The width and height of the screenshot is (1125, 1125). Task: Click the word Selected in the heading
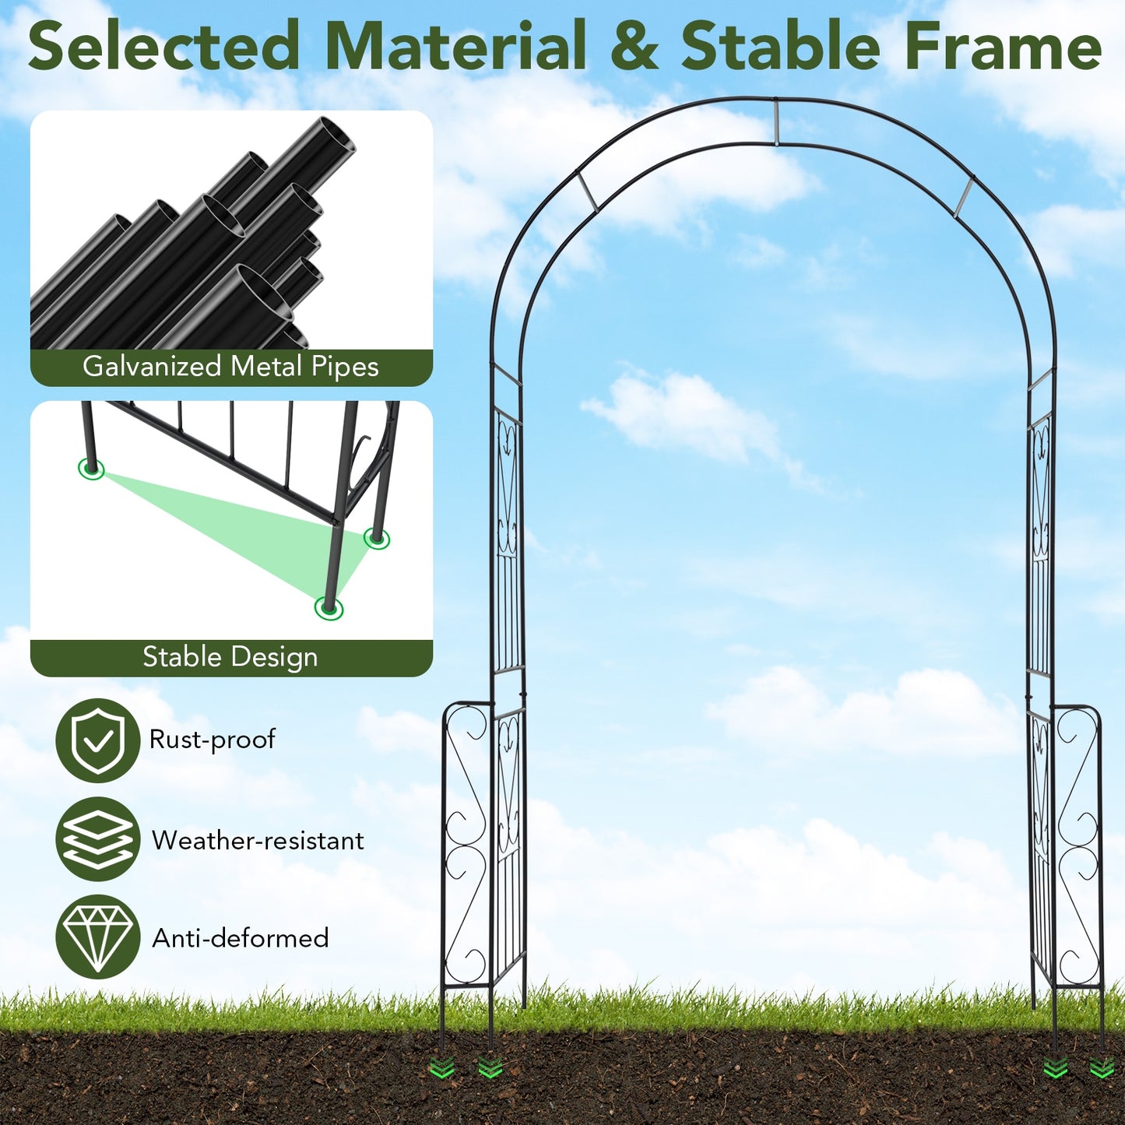(x=163, y=47)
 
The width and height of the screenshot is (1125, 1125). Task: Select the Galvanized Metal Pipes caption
(x=230, y=367)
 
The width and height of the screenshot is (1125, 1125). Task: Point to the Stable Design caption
(x=230, y=657)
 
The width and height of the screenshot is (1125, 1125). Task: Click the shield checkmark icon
(x=98, y=740)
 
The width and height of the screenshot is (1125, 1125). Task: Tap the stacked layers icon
(x=98, y=839)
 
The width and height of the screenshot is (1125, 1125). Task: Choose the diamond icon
(x=98, y=937)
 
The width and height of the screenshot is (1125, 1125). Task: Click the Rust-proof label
(x=212, y=740)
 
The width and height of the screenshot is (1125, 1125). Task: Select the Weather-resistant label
(x=258, y=841)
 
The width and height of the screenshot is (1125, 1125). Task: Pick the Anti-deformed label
(x=241, y=938)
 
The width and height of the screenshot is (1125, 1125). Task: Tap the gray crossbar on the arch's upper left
(x=588, y=192)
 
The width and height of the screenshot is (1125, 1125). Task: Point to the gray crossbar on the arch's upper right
(x=964, y=196)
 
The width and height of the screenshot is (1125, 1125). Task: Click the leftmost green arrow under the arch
(x=442, y=1068)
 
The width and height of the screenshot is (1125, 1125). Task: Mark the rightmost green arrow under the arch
(x=1101, y=1068)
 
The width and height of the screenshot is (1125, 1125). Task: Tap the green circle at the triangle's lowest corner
(x=329, y=607)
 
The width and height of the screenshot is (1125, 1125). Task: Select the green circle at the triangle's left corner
(x=92, y=469)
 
